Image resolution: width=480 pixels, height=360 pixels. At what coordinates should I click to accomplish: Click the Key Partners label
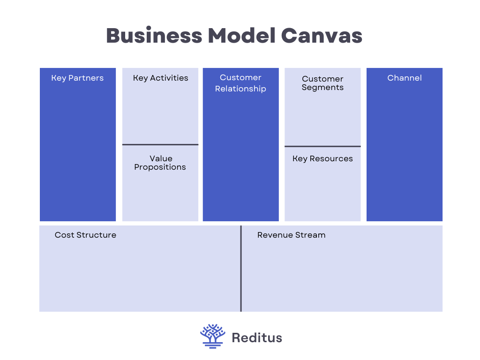pos(77,78)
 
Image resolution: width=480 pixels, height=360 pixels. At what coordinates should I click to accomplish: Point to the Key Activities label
pos(160,78)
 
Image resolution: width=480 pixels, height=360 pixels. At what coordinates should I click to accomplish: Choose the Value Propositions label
pos(160,163)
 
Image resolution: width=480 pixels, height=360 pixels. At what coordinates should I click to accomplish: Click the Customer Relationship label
pos(240,83)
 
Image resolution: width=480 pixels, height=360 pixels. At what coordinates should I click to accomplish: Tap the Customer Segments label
pos(322,83)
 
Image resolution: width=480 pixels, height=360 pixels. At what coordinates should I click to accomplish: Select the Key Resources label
pos(322,158)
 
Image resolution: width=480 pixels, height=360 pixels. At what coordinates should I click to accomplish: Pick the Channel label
pos(405,78)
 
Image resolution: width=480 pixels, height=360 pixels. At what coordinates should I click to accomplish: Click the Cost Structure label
pos(85,235)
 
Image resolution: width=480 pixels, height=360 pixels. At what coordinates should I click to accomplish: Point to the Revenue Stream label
pos(291,235)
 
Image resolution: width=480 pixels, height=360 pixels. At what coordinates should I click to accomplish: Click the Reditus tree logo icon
pos(213,336)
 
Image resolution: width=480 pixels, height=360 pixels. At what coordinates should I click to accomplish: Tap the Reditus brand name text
pos(257,337)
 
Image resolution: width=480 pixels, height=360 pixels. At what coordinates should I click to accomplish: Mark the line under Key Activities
pos(160,144)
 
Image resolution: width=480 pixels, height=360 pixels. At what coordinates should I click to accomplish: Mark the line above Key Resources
pos(322,146)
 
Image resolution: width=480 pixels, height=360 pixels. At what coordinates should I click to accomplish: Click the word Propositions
pos(160,167)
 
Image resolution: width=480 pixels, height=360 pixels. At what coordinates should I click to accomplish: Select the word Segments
pos(322,88)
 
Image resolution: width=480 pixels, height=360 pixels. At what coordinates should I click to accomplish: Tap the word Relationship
pos(240,89)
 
